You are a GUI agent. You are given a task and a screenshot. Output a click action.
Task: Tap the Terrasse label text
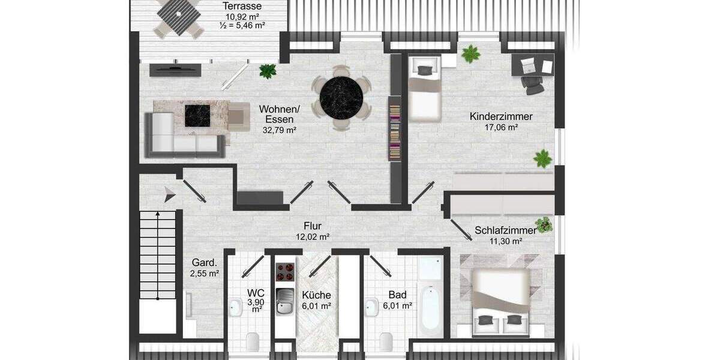(243, 5)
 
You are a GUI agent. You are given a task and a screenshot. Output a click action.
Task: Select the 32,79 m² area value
(280, 129)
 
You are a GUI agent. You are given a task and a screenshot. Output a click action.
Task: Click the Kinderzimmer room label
(501, 116)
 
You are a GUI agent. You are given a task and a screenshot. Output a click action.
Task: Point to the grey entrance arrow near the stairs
(170, 194)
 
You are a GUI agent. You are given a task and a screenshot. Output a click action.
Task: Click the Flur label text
(313, 226)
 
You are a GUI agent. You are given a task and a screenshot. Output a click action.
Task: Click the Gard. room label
(204, 262)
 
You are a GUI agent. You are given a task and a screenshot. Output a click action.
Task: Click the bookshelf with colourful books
(394, 132)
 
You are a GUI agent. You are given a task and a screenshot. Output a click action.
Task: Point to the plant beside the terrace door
(267, 71)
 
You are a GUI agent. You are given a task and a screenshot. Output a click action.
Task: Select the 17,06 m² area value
(501, 127)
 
